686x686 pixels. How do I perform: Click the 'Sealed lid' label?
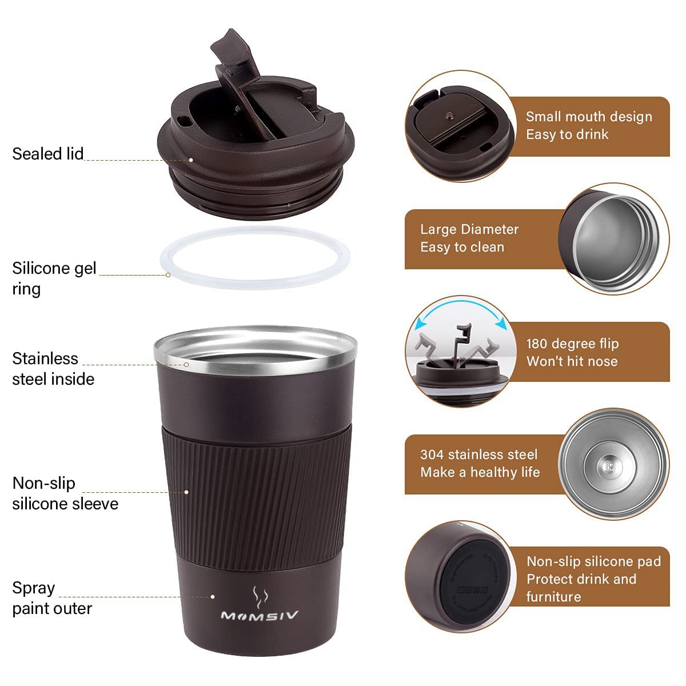pyautogui.click(x=48, y=154)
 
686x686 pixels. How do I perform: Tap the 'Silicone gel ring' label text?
pyautogui.click(x=54, y=278)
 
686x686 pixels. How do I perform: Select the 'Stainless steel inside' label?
pyautogui.click(x=53, y=369)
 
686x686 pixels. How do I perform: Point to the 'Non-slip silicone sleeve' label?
pyautogui.click(x=65, y=493)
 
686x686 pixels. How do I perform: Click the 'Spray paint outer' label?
pyautogui.click(x=51, y=598)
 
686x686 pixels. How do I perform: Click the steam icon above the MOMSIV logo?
pyautogui.click(x=260, y=597)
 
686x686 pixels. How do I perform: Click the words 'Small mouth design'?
pyautogui.click(x=589, y=117)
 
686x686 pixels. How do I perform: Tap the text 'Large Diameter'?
pyautogui.click(x=469, y=229)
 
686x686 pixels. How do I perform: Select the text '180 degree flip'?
pyautogui.click(x=572, y=344)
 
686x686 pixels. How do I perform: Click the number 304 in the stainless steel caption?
pyautogui.click(x=432, y=454)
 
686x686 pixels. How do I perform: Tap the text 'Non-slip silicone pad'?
pyautogui.click(x=593, y=561)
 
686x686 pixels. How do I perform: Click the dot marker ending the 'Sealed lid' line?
pyautogui.click(x=191, y=160)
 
